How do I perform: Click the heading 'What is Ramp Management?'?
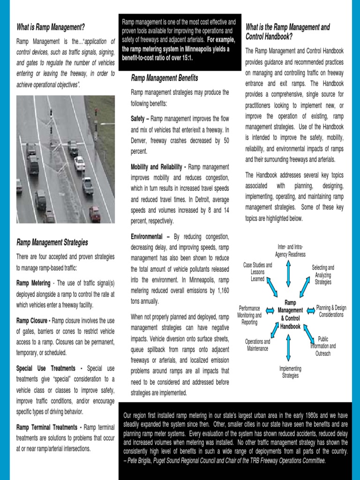[x=51, y=27]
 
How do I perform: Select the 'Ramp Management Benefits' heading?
[x=165, y=78]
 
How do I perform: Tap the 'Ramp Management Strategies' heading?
[x=52, y=242]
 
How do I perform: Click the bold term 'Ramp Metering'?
[x=33, y=283]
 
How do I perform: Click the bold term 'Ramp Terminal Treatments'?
[x=47, y=427]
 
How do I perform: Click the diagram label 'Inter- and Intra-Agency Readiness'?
[x=290, y=251]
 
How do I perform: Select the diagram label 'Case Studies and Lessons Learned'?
[x=257, y=272]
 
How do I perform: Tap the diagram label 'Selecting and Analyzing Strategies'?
[x=323, y=275]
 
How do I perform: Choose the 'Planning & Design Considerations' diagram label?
[x=331, y=311]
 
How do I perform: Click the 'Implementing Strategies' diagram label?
[x=291, y=372]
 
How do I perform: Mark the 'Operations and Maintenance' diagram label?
[x=257, y=345]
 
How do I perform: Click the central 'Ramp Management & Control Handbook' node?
[x=291, y=314]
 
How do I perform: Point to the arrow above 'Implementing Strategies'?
[x=288, y=347]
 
